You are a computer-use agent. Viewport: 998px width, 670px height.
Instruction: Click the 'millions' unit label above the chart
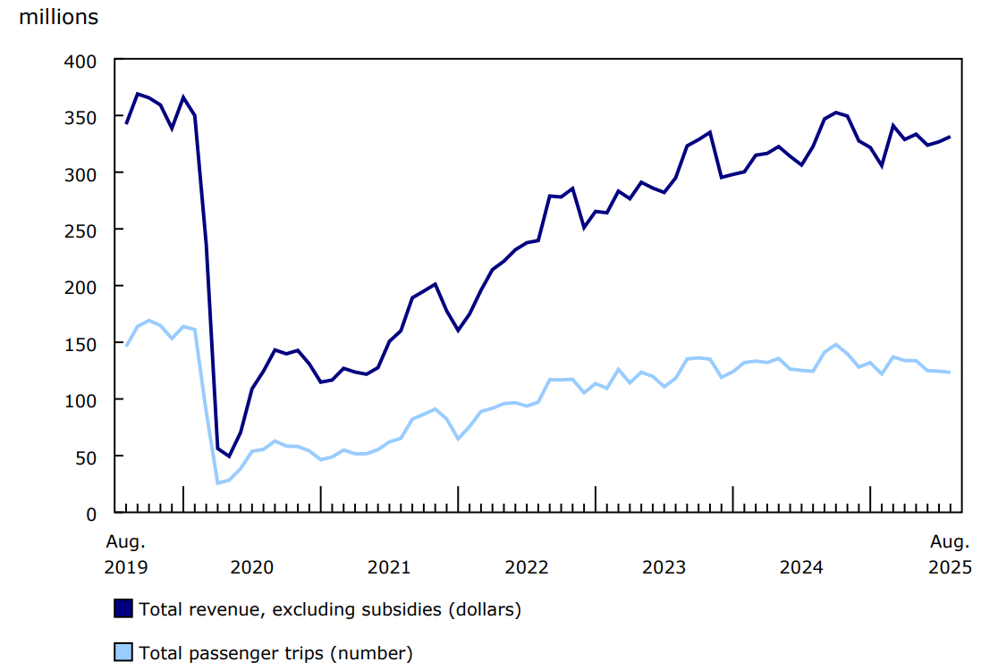(x=59, y=17)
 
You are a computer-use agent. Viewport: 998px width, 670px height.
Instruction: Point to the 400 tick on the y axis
(x=82, y=60)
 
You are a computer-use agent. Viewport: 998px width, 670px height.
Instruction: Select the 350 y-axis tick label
(x=82, y=117)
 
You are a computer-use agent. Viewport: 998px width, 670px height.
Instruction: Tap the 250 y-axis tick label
(x=82, y=230)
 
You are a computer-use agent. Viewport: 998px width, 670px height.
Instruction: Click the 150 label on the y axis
(x=82, y=343)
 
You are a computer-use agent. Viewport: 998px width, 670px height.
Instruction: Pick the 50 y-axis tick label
(x=87, y=456)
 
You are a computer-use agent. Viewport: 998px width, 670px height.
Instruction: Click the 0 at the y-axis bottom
(x=91, y=513)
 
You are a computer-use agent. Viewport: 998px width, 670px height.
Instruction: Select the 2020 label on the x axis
(x=251, y=567)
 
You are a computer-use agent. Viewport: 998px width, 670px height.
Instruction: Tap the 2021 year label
(x=389, y=567)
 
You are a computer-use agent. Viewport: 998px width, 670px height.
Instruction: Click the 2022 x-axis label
(x=527, y=567)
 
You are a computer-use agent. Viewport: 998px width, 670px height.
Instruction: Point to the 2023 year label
(x=664, y=567)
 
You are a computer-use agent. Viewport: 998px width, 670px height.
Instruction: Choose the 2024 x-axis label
(x=802, y=567)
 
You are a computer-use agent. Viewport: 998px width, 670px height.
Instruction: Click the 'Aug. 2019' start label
(x=126, y=554)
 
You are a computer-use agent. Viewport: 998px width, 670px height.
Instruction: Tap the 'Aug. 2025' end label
(x=949, y=554)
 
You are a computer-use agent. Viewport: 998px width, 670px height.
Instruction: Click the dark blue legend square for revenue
(x=123, y=609)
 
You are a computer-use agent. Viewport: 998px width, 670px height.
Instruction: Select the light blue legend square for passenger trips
(x=123, y=652)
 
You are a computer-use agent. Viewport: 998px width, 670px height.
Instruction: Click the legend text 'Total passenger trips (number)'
(x=275, y=653)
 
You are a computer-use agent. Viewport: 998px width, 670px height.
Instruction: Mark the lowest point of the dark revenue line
(x=229, y=456)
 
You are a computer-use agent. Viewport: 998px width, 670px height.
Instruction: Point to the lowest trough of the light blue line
(x=217, y=483)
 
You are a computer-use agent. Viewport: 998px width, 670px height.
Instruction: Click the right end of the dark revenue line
(x=950, y=137)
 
